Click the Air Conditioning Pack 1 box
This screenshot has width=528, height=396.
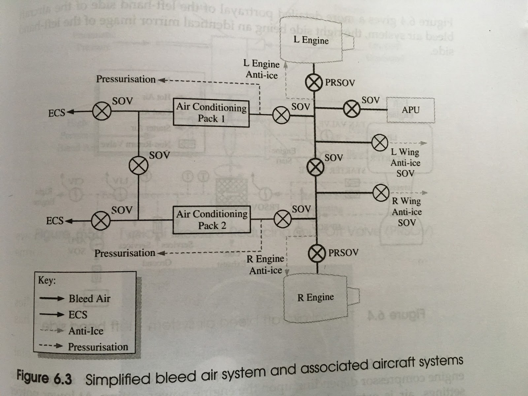(x=211, y=113)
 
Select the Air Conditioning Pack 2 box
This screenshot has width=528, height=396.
(x=212, y=220)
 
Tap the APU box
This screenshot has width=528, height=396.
(x=411, y=110)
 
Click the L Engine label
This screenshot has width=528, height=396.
(x=311, y=40)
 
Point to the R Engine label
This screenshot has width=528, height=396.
(x=315, y=297)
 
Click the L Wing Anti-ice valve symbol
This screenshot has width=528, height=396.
(x=380, y=143)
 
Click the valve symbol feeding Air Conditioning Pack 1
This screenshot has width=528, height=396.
(x=281, y=115)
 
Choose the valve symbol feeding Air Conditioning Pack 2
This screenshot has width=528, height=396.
(x=283, y=218)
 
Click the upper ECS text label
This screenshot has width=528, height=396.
(x=57, y=113)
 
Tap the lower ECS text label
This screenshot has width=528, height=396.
(x=55, y=220)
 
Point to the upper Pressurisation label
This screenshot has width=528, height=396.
(x=126, y=79)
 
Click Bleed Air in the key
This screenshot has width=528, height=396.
(x=89, y=298)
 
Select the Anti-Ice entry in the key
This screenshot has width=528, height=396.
(x=86, y=331)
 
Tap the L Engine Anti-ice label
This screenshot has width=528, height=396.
(x=261, y=69)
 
